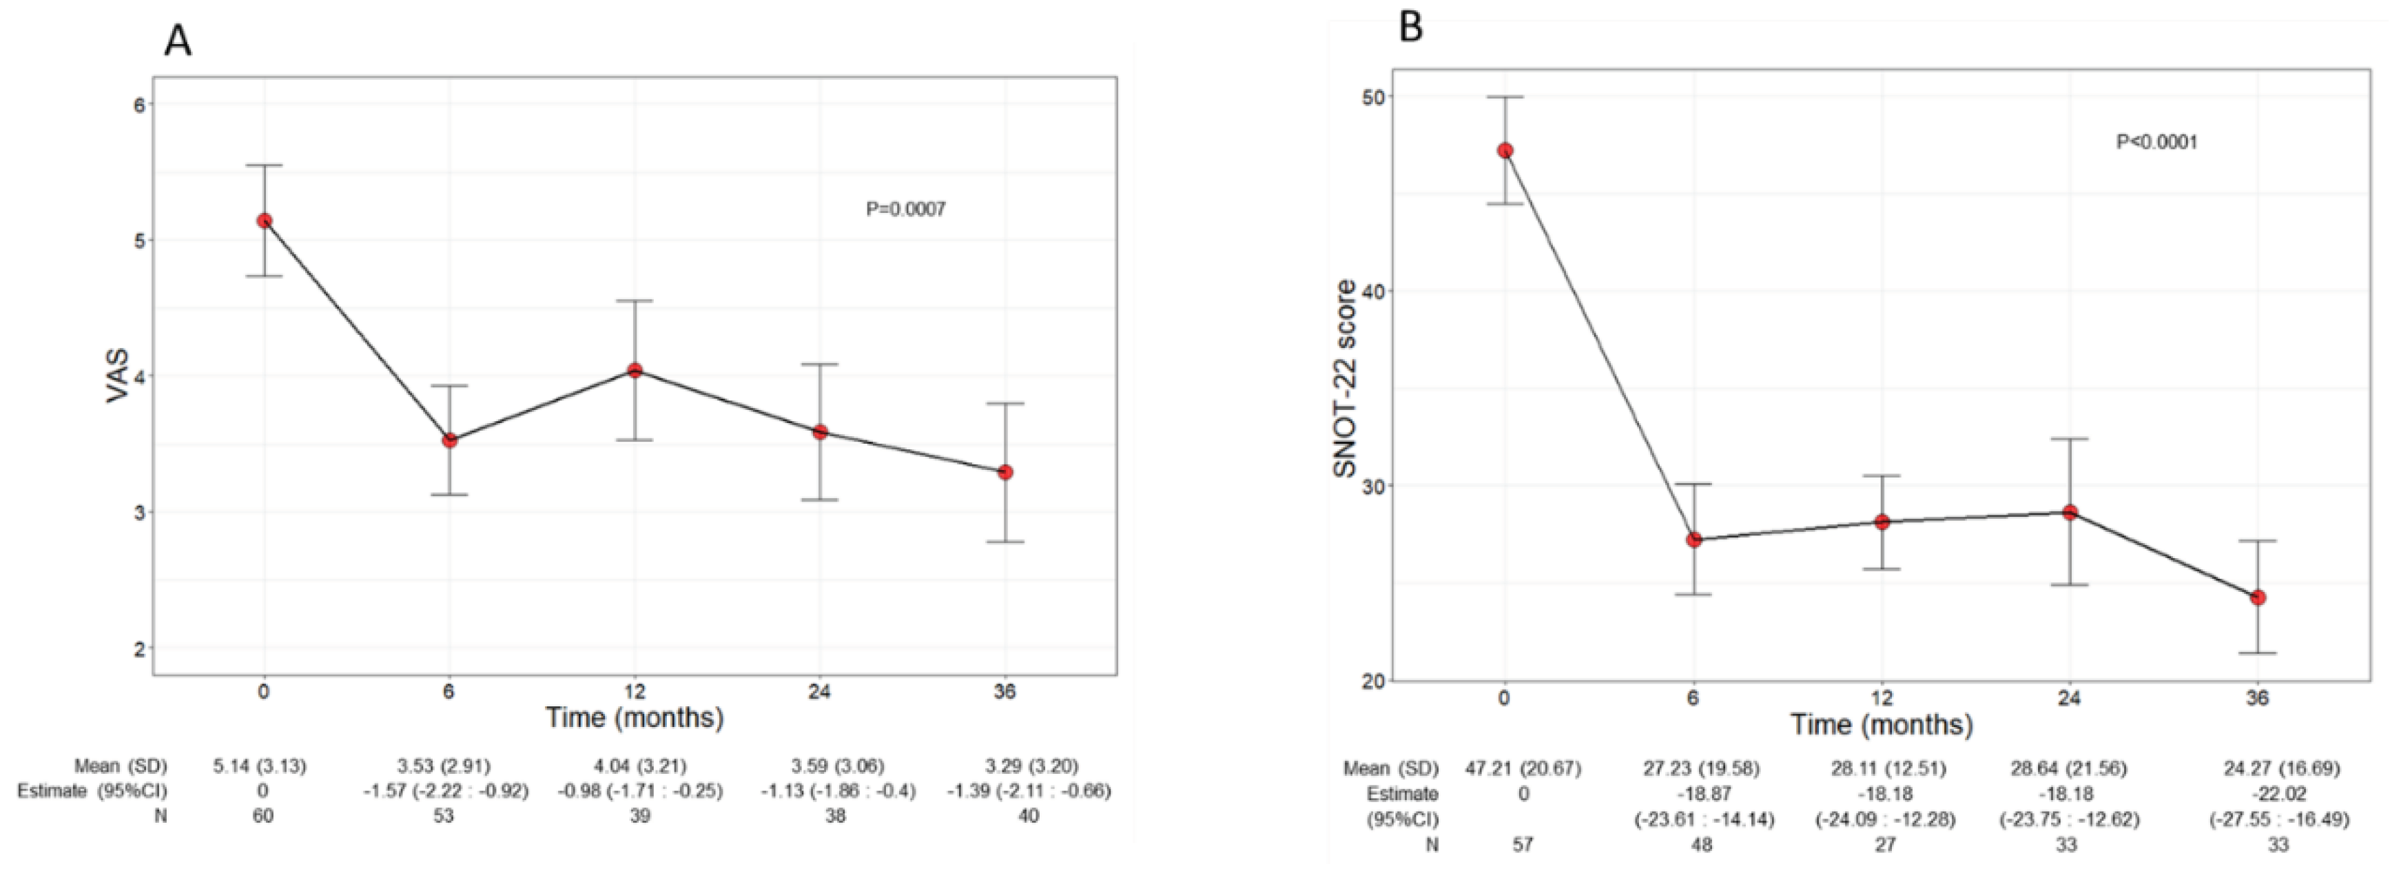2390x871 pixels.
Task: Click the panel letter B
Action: (1410, 28)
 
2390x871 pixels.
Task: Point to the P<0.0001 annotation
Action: (2156, 143)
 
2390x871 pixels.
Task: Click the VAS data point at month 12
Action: (635, 370)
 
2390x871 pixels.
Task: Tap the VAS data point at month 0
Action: (265, 221)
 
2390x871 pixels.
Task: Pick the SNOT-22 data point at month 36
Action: (2257, 597)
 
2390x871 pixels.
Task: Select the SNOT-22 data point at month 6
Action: (1693, 539)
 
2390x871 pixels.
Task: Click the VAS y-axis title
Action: (119, 376)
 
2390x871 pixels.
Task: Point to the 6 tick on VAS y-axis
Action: (139, 104)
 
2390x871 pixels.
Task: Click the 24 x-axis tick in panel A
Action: (819, 692)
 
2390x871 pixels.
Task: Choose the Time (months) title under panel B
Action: (1881, 724)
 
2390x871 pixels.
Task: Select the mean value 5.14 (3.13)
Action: (260, 766)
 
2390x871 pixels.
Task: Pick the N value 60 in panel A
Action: (263, 817)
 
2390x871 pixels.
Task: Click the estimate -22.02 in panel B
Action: (2257, 794)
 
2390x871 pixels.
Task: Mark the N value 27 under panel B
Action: (1884, 845)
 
